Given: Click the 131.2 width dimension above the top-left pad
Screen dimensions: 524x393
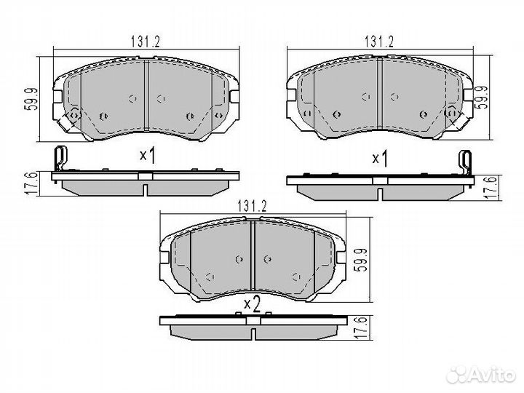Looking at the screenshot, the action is click(x=146, y=41).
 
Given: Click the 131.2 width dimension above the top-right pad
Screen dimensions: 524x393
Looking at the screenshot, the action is click(x=379, y=41).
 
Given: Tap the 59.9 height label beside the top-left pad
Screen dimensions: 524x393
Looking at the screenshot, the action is click(x=31, y=99).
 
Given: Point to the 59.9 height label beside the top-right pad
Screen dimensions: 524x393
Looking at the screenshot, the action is click(x=481, y=98).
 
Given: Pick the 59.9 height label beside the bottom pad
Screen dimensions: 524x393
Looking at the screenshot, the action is click(x=362, y=260).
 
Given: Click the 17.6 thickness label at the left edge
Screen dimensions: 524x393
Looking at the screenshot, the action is click(x=30, y=183).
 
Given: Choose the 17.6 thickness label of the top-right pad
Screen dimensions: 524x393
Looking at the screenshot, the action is click(x=491, y=188).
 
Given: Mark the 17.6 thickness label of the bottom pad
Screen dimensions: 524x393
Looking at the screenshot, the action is click(x=361, y=328).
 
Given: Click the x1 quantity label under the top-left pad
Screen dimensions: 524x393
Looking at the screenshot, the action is click(x=147, y=156).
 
